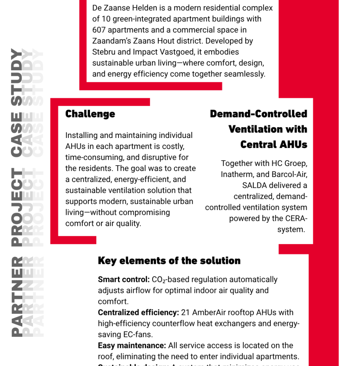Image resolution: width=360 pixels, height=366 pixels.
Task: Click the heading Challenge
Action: pyautogui.click(x=90, y=114)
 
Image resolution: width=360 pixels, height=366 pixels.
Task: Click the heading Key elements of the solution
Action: pyautogui.click(x=169, y=261)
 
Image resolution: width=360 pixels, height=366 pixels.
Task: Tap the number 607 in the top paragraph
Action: pyautogui.click(x=100, y=30)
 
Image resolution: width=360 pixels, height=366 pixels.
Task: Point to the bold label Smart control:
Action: pyautogui.click(x=124, y=279)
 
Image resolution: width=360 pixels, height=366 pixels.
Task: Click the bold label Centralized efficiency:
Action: pyautogui.click(x=138, y=312)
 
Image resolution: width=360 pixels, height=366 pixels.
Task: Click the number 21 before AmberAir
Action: pyautogui.click(x=185, y=312)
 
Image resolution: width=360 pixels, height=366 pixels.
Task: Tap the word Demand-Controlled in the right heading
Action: pyautogui.click(x=258, y=114)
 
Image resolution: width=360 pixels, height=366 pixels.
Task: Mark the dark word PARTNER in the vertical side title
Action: pyautogui.click(x=16, y=296)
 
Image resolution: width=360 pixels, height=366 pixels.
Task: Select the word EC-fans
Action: pyautogui.click(x=136, y=334)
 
